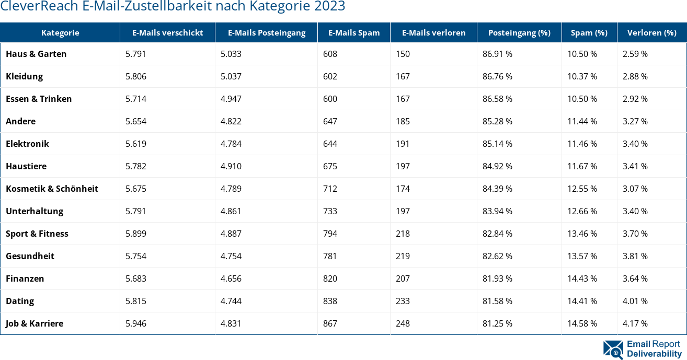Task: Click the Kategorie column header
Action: (x=60, y=32)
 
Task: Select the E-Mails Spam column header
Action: (x=354, y=32)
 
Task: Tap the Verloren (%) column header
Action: (x=651, y=32)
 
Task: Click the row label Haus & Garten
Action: (x=36, y=54)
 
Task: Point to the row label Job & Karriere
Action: (x=35, y=323)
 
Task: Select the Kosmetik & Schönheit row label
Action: (x=52, y=189)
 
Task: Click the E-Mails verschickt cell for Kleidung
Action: (x=136, y=76)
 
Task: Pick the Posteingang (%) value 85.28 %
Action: (x=497, y=121)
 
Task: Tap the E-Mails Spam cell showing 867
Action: (x=330, y=323)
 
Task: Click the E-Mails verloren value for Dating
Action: (x=403, y=301)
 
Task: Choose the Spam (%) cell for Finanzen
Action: (x=582, y=278)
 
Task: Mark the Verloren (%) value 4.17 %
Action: (x=635, y=323)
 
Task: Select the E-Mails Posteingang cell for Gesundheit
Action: (x=231, y=256)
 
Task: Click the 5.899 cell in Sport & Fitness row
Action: (x=136, y=234)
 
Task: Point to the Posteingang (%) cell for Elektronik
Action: (x=497, y=144)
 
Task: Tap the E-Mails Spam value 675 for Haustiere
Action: (x=330, y=166)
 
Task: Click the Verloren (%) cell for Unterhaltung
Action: (x=635, y=211)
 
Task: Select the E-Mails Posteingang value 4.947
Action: (x=231, y=99)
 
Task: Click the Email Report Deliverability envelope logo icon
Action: (x=613, y=350)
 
